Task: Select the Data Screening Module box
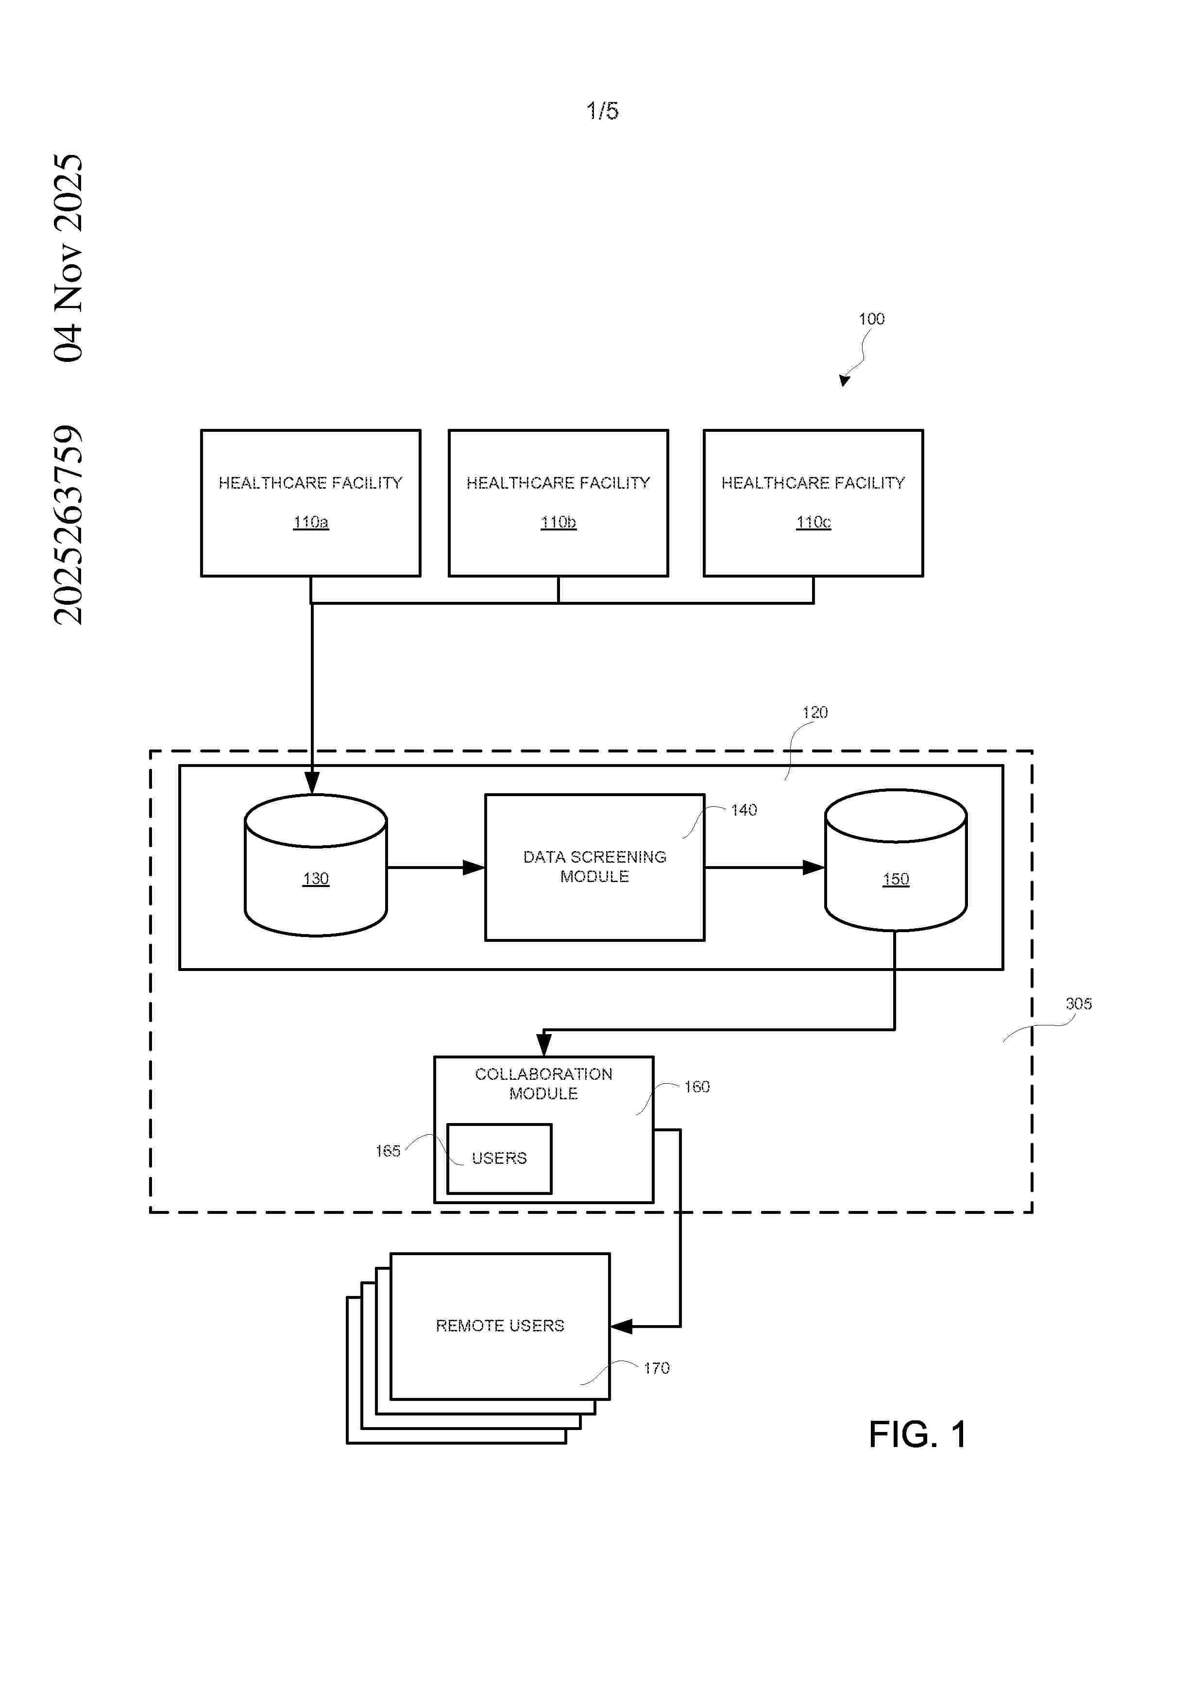(594, 867)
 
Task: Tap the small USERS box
(499, 1159)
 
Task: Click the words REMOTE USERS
(499, 1326)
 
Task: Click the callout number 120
(814, 713)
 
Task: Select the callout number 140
(743, 810)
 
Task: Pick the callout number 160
(696, 1087)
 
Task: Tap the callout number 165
(387, 1151)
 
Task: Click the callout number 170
(656, 1368)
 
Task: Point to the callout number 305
(1078, 1004)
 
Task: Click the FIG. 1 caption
(917, 1434)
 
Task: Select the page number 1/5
(602, 111)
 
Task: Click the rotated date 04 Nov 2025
(68, 257)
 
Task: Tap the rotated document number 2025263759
(68, 525)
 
